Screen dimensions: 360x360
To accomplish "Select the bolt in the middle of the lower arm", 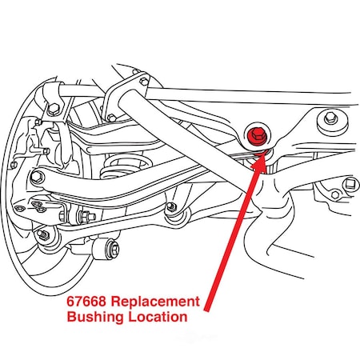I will (170, 209).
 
